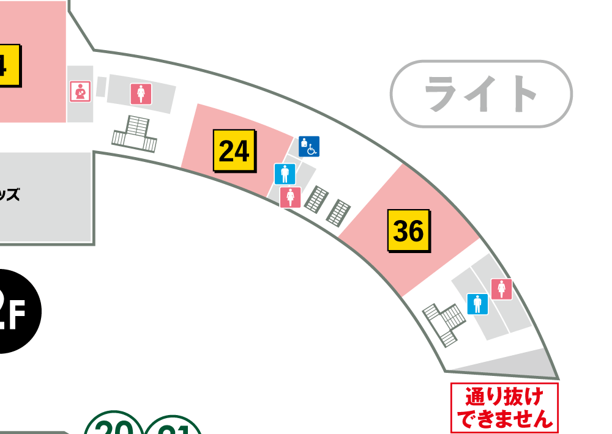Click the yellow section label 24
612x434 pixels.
pyautogui.click(x=234, y=150)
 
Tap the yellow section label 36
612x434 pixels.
pyautogui.click(x=408, y=230)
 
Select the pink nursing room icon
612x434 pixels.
pyautogui.click(x=80, y=92)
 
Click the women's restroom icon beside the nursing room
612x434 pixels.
pyautogui.click(x=141, y=94)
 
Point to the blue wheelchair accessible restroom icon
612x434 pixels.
pyautogui.click(x=308, y=146)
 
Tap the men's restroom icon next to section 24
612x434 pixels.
pyautogui.click(x=285, y=174)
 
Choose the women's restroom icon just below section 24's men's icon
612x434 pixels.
pyautogui.click(x=290, y=197)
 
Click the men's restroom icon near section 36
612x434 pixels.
pyautogui.click(x=477, y=304)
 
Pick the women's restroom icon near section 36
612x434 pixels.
pyautogui.click(x=501, y=289)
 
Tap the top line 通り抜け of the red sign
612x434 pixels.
pyautogui.click(x=504, y=397)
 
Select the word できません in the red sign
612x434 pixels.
pyautogui.click(x=504, y=419)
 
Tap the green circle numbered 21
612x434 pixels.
pyautogui.click(x=174, y=426)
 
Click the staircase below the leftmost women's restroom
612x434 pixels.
pyautogui.click(x=135, y=134)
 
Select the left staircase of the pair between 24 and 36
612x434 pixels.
pyautogui.click(x=316, y=199)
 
